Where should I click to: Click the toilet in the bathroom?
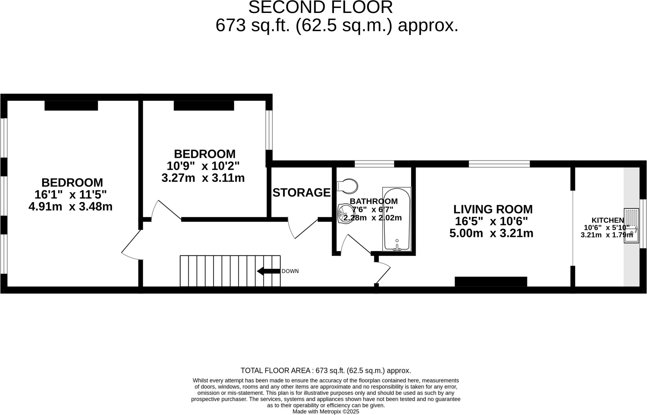[x=348, y=186]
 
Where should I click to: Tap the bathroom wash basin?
[x=345, y=214]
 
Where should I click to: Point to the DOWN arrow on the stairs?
[x=269, y=271]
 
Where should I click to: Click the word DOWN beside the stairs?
[x=290, y=271]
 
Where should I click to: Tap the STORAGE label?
[x=301, y=192]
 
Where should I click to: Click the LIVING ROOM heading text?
[x=493, y=209]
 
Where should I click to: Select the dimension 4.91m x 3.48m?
[x=70, y=207]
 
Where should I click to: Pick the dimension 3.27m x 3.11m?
[x=203, y=178]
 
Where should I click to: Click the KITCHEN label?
[x=608, y=220]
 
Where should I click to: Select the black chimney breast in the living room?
[x=491, y=281]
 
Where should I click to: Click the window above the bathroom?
[x=374, y=164]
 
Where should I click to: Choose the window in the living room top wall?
[x=499, y=164]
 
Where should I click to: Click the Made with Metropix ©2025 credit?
[x=326, y=412]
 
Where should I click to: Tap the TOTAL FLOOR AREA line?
[x=326, y=370]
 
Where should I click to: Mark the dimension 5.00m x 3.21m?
[x=491, y=233]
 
